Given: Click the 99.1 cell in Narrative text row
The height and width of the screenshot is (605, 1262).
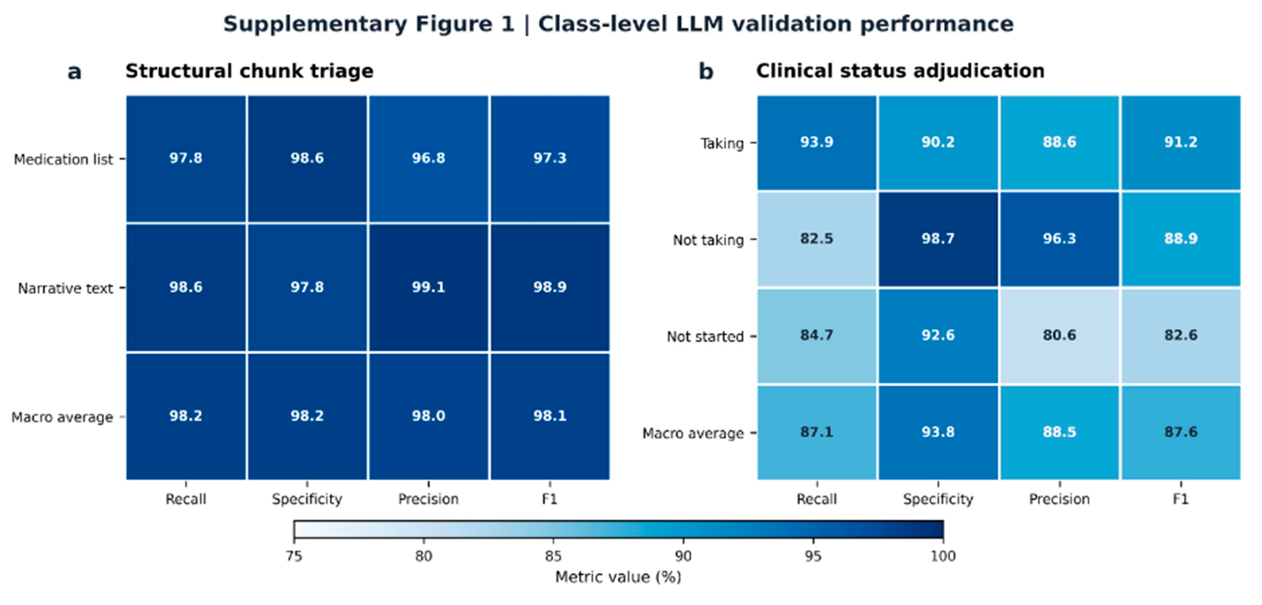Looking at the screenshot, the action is coord(428,287).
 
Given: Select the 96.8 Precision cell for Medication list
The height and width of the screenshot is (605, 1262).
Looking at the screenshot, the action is coord(428,158).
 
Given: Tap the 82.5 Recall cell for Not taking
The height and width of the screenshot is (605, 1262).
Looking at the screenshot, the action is coord(817,239).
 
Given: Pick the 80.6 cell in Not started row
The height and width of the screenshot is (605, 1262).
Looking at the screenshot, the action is coord(1059,335).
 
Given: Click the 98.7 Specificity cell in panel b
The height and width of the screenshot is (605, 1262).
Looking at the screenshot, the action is coord(938,239).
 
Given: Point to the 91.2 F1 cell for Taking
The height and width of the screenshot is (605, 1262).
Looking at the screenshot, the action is coord(1181,142).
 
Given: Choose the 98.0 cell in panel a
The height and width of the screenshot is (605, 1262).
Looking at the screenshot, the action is coord(428,416).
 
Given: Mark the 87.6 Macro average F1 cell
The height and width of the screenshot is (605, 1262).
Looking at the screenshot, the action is coord(1181,432).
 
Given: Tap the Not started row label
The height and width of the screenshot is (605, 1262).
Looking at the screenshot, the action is coord(705,337).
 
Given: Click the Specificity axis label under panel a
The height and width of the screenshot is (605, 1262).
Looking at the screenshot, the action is coord(307,499).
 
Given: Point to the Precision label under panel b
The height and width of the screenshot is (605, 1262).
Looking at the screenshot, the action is coord(1059,499).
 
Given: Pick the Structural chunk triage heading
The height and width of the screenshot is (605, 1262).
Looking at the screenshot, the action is coord(249,71).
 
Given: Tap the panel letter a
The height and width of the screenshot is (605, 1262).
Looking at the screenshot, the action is coord(74,72).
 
